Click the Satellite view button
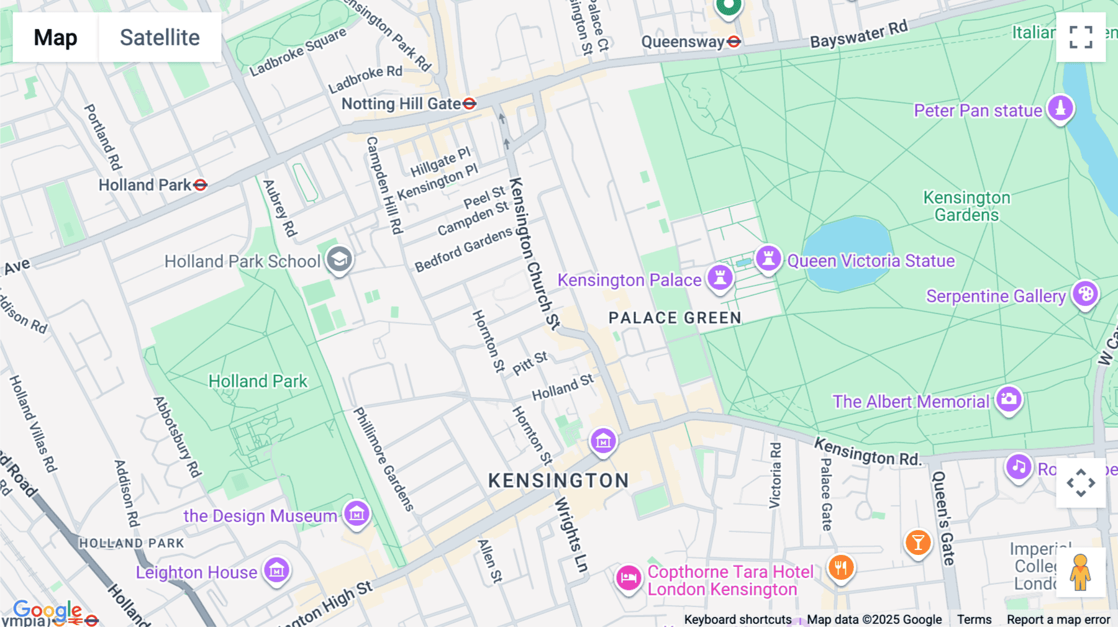160,37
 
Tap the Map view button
55,37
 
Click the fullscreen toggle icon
1081,37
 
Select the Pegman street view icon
1080,572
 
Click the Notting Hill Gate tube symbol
470,104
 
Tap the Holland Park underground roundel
200,185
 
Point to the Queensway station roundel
734,42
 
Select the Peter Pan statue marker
1060,108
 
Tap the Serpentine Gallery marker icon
1086,294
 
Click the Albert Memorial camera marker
1009,399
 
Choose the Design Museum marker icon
357,513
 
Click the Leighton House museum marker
276,569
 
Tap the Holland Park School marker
339,259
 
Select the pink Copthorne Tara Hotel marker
629,577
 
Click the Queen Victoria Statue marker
768,258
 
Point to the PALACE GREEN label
675,318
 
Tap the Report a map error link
1058,620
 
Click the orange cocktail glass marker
917,543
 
